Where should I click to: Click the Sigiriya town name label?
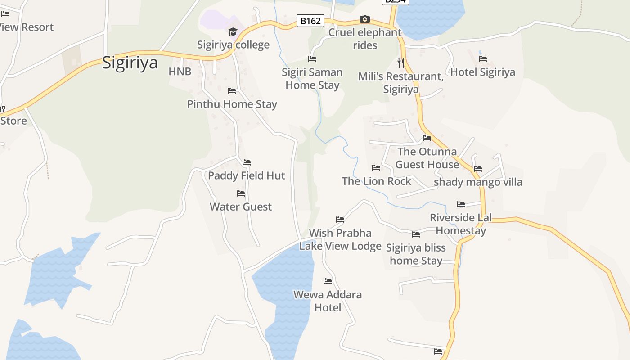coord(130,63)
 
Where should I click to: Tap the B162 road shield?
coord(310,21)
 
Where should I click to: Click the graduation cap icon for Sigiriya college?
coord(233,31)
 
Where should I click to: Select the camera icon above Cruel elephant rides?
coord(365,19)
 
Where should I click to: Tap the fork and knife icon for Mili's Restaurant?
coord(401,63)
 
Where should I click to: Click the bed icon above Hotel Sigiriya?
coord(483,58)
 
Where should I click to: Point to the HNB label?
coord(180,72)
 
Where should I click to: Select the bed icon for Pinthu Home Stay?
coord(232,91)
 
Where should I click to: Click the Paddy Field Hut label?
coord(247,175)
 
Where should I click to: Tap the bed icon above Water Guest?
coord(241,193)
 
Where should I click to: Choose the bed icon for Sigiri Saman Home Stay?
coord(312,59)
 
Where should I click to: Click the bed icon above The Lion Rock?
coord(376,168)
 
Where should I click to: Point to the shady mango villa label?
coord(478,182)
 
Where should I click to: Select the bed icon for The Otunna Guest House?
coord(427,138)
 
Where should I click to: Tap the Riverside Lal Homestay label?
coord(461,224)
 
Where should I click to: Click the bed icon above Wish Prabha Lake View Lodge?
coord(340,220)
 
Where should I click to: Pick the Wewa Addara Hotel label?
coord(328,301)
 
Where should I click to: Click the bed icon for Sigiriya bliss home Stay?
coord(416,234)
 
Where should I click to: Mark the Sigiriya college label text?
coord(233,45)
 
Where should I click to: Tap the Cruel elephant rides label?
coord(365,39)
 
